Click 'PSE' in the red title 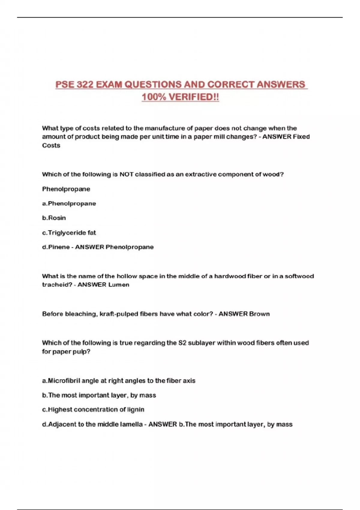pyautogui.click(x=64, y=85)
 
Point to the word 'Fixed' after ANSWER pyautogui.click(x=301, y=136)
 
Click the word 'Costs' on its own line pyautogui.click(x=51, y=145)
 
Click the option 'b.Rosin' pyautogui.click(x=54, y=218)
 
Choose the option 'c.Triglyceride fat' pyautogui.click(x=69, y=232)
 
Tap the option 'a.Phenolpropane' pyautogui.click(x=69, y=203)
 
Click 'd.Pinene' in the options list pyautogui.click(x=56, y=247)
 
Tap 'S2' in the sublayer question pyautogui.click(x=182, y=343)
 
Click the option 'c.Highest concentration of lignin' pyautogui.click(x=93, y=409)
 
